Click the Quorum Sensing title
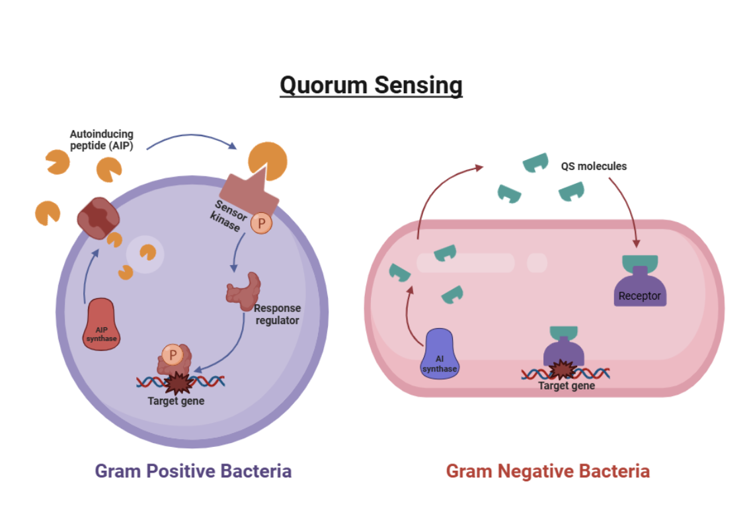click(x=371, y=86)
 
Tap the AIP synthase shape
click(x=101, y=324)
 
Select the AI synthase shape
click(x=440, y=354)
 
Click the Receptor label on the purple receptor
click(x=639, y=296)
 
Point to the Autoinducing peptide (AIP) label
click(x=102, y=140)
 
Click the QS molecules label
click(x=594, y=166)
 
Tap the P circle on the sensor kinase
click(x=262, y=223)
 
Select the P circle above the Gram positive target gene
click(x=173, y=355)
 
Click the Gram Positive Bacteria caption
click(x=193, y=471)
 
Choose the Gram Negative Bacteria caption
click(x=548, y=471)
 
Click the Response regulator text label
click(x=277, y=314)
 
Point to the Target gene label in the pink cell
click(x=567, y=386)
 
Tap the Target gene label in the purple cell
click(x=176, y=401)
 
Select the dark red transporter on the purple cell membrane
click(x=99, y=218)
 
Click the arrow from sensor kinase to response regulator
click(x=237, y=251)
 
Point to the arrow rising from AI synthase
click(x=407, y=316)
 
